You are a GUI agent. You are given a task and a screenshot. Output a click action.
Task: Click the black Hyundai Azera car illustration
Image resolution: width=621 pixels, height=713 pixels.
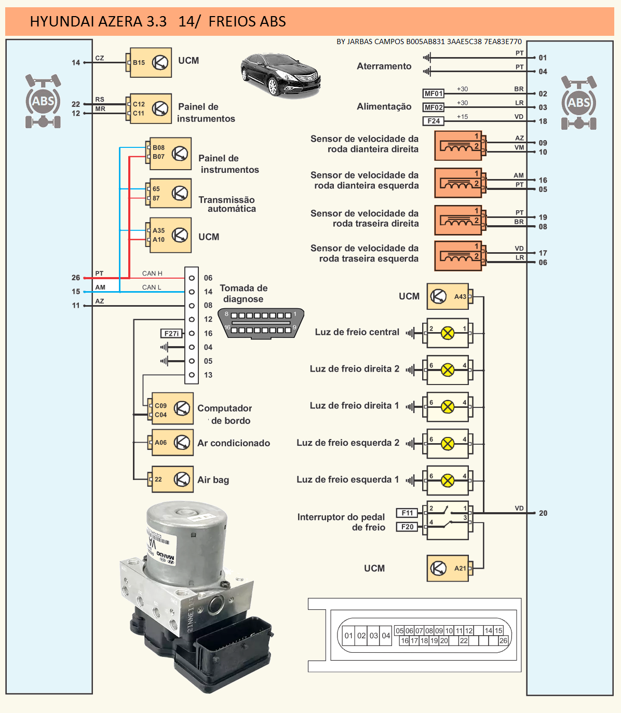280,75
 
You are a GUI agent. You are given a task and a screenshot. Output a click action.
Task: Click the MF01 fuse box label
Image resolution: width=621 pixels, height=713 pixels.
434,94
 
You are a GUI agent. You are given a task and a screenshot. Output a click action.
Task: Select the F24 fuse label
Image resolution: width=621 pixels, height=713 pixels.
434,121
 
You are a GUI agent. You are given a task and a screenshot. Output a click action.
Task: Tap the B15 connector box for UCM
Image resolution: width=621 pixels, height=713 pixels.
151,63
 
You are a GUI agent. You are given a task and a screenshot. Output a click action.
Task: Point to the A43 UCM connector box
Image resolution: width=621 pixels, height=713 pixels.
448,296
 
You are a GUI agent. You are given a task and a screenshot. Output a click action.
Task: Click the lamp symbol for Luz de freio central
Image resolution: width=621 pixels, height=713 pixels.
448,333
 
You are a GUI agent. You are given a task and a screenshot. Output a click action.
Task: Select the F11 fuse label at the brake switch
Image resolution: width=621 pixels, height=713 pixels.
407,513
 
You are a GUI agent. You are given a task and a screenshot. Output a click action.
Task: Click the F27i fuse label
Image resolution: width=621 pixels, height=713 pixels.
171,334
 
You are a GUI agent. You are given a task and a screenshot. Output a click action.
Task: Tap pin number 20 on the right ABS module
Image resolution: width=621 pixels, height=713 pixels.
543,513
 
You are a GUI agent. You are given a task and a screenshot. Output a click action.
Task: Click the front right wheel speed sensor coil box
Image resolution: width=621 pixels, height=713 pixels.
458,146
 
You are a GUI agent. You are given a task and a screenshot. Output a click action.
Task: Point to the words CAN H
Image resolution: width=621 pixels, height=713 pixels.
152,273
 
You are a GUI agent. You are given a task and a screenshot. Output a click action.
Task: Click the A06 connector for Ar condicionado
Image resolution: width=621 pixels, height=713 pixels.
172,443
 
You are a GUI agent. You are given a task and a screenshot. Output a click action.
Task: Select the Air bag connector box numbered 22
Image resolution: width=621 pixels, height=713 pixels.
172,479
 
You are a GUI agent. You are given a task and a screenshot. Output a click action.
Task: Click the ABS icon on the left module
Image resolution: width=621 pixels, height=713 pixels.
43,101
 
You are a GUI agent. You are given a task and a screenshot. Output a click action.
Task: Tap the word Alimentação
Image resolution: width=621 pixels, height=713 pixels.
384,106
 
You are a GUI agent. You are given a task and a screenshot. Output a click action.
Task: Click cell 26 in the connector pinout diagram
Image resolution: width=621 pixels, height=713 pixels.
503,641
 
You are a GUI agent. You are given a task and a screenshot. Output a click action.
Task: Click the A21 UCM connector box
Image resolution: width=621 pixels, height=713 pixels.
448,568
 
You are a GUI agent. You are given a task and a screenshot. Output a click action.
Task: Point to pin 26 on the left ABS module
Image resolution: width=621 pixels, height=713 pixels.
76,278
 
